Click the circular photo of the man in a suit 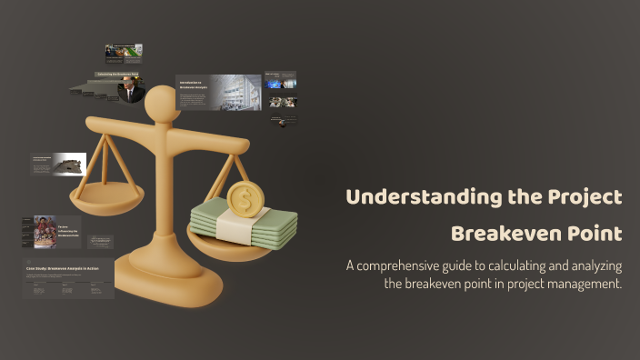[131, 90]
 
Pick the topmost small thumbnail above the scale [123, 52]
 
